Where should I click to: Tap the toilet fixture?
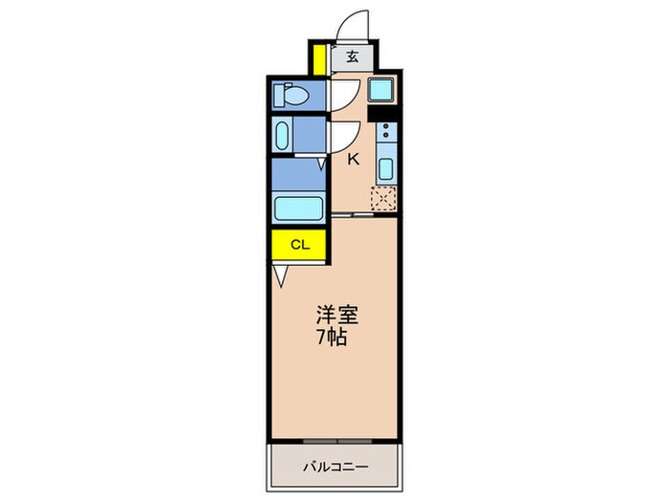pos(291,95)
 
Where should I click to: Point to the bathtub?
pos(297,207)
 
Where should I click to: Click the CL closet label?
pos(299,245)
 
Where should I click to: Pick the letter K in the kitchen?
pos(353,161)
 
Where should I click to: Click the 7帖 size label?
pos(334,338)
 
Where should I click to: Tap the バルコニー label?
pos(336,466)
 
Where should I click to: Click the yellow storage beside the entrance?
pos(318,57)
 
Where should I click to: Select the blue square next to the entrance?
pos(383,93)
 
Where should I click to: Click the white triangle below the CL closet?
pos(279,276)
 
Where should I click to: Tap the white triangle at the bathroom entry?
pos(322,165)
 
